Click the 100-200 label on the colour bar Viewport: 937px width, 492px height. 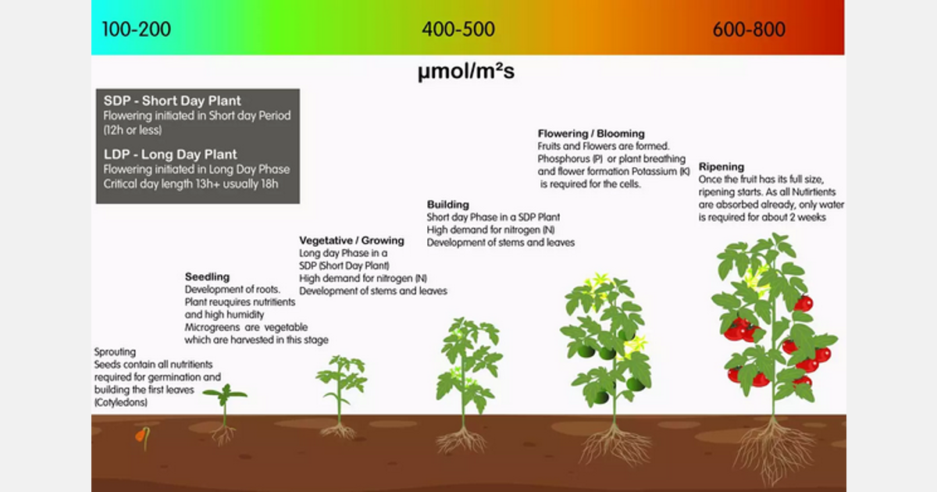(x=136, y=30)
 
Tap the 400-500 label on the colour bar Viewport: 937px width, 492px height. (x=458, y=30)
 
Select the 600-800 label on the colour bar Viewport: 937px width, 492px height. (x=749, y=30)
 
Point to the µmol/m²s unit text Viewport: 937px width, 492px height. (x=466, y=73)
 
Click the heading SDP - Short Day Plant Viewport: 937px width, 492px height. (x=173, y=101)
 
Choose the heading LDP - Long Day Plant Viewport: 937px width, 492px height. (x=170, y=155)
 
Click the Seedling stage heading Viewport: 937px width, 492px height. (x=207, y=276)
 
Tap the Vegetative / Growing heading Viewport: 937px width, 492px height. (x=351, y=241)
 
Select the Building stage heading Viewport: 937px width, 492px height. (x=447, y=205)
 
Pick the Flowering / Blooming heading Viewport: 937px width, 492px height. (x=591, y=134)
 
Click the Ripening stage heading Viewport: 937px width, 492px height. (x=721, y=167)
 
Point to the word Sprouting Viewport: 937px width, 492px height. (x=115, y=352)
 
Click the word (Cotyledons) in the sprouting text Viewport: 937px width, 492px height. (x=120, y=403)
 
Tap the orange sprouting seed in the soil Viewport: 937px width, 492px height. (x=141, y=436)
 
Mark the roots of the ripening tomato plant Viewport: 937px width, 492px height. (x=773, y=449)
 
